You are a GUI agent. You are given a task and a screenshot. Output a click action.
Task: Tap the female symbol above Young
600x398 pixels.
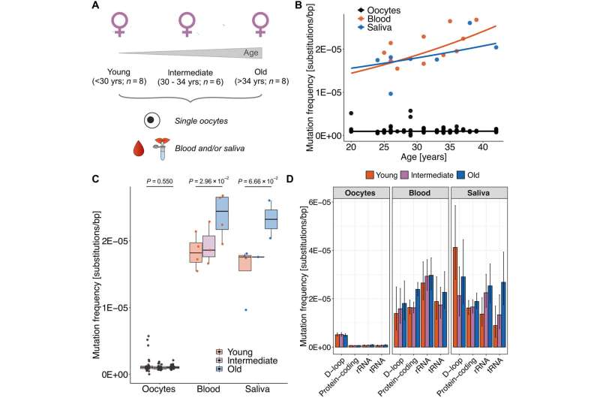tap(116, 25)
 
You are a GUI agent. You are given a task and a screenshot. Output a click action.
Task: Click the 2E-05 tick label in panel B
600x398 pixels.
tap(329, 50)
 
